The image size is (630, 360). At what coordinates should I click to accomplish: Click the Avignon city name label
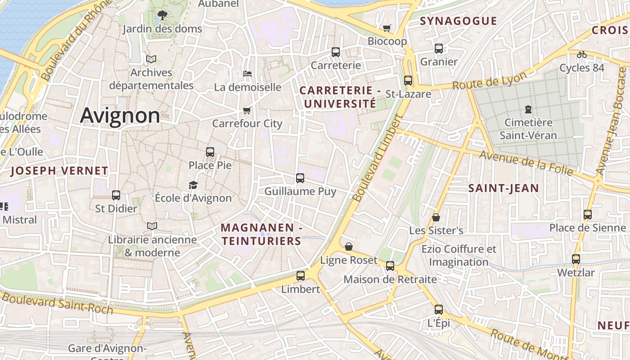(x=120, y=116)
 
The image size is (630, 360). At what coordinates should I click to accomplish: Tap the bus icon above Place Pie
(x=210, y=152)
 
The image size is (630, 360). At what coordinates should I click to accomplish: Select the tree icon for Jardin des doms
(x=162, y=16)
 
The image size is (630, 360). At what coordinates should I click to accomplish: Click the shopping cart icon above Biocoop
(x=387, y=28)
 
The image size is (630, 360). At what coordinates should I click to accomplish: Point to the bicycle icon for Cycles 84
(x=582, y=54)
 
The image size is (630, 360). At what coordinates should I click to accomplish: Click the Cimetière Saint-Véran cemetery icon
(x=528, y=109)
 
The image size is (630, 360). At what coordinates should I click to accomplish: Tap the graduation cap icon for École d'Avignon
(x=193, y=185)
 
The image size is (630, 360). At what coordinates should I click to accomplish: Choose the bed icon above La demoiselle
(x=247, y=74)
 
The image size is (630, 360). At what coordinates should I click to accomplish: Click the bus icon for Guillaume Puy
(x=300, y=178)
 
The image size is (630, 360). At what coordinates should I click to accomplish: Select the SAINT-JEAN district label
(x=504, y=188)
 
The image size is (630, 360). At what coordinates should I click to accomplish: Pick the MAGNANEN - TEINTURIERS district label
(x=261, y=234)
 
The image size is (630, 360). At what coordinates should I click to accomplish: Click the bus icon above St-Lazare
(x=408, y=81)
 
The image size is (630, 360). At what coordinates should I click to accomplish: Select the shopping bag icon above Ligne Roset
(x=349, y=247)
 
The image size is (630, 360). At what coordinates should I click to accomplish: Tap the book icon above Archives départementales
(x=151, y=59)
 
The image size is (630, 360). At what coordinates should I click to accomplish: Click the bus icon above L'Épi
(x=439, y=310)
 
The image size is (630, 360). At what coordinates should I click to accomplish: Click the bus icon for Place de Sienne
(x=587, y=215)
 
